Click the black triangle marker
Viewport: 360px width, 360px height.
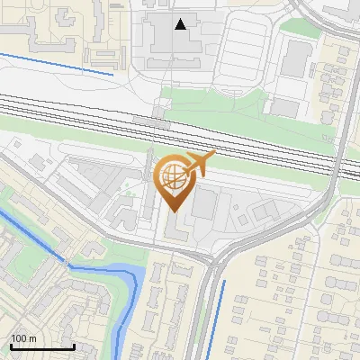(182, 24)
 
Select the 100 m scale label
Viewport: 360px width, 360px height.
(23, 338)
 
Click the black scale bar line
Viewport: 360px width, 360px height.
(41, 346)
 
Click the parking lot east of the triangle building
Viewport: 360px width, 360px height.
(238, 54)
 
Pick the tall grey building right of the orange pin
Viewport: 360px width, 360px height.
(204, 204)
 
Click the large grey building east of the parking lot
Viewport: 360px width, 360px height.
(294, 59)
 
